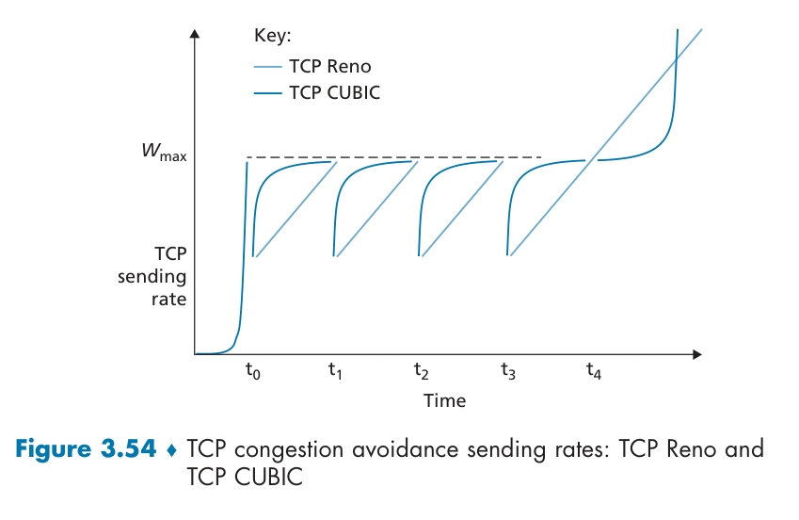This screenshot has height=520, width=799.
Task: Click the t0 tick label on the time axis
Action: tap(251, 371)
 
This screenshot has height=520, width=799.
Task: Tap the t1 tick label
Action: tap(335, 371)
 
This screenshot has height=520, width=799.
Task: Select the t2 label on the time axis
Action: tap(422, 371)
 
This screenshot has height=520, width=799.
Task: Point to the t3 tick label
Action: tap(507, 371)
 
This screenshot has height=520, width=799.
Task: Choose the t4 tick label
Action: tap(593, 371)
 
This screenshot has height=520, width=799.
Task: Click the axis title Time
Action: tap(444, 400)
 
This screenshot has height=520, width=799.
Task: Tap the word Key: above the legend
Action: tap(273, 36)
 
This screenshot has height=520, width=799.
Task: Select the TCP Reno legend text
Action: tap(330, 66)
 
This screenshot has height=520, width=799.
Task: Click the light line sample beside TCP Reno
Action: tap(268, 67)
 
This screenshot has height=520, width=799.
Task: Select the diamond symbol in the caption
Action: tap(170, 450)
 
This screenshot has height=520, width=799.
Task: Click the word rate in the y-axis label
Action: tap(170, 300)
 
